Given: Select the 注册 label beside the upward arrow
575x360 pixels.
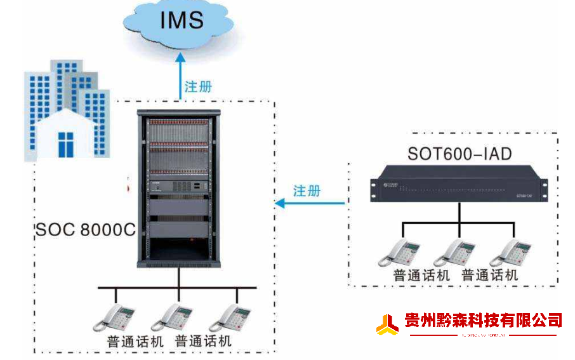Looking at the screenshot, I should [198, 86].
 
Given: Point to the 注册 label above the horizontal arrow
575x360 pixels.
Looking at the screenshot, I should [307, 190].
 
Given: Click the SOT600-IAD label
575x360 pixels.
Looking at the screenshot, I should [459, 154].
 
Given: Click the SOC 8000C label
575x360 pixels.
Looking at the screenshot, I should [85, 229].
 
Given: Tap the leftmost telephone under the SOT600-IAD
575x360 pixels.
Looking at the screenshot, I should [399, 253].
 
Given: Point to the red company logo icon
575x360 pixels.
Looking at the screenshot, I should [387, 324].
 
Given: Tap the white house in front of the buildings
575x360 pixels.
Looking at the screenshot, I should [67, 133].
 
